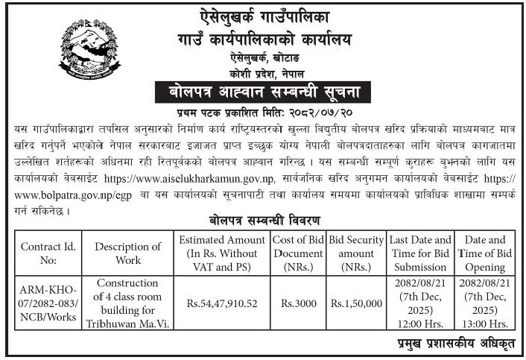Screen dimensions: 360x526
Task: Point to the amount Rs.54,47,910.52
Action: (221, 303)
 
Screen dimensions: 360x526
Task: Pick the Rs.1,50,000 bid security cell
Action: (356, 303)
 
